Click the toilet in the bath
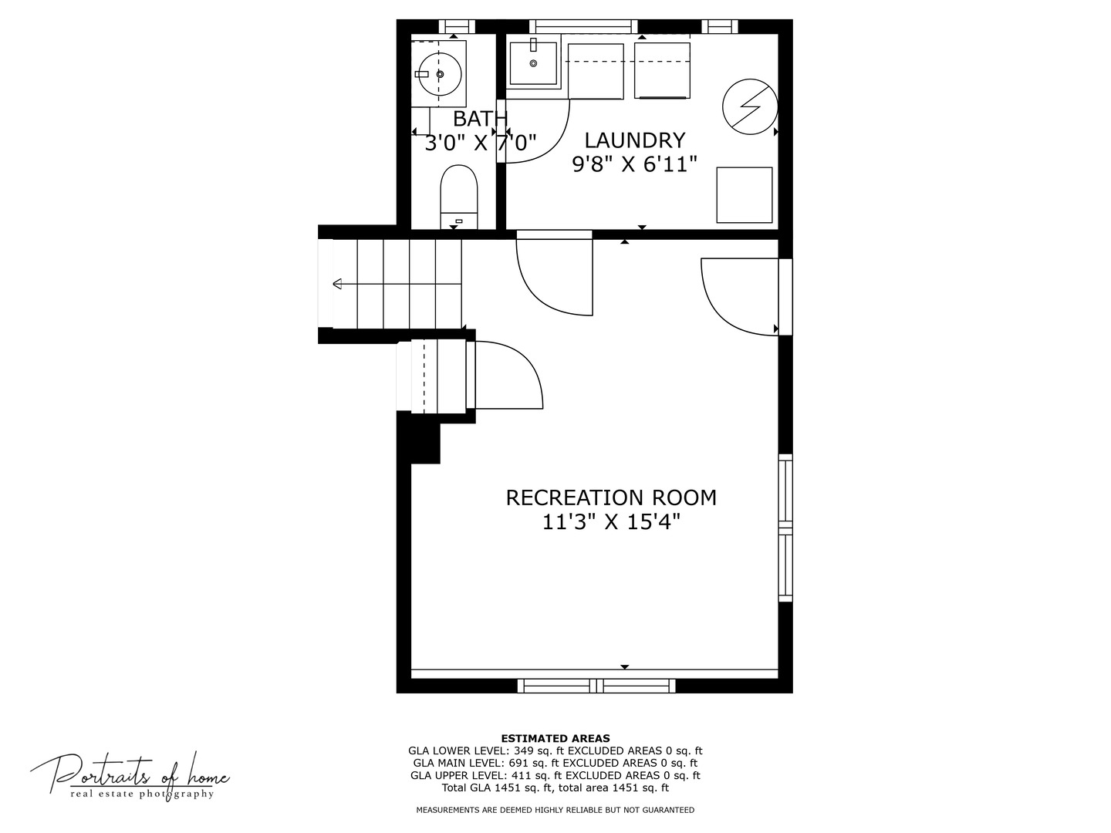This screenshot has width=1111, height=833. (458, 197)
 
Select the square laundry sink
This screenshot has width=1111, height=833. (533, 63)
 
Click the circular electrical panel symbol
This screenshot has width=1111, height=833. (750, 106)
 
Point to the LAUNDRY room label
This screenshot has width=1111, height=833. (635, 140)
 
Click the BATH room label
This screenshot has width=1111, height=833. (480, 119)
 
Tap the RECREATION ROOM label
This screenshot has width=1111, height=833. (611, 497)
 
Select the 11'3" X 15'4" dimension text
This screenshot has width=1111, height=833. (611, 522)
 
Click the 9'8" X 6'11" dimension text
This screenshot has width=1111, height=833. (635, 164)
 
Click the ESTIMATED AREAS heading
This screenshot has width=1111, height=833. (555, 738)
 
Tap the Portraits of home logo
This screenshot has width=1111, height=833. (130, 775)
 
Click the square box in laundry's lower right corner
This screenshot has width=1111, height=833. (744, 194)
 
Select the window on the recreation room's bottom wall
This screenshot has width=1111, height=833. (596, 686)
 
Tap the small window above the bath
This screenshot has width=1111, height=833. (457, 26)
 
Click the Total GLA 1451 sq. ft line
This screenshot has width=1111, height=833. (555, 787)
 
